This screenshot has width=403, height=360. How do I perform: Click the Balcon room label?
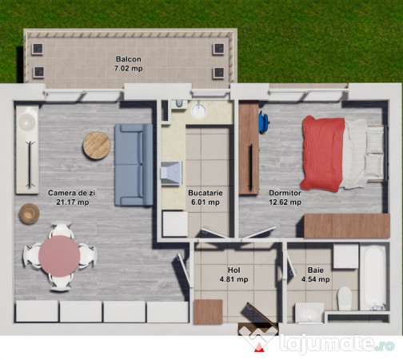tap(128, 60)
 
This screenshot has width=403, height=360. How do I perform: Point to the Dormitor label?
tap(285, 193)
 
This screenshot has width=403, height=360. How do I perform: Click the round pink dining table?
tap(59, 256)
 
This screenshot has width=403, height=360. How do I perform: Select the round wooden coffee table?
tap(97, 145)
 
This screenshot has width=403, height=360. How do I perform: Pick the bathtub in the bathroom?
tap(373, 277)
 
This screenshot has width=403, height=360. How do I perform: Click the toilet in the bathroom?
tap(345, 298)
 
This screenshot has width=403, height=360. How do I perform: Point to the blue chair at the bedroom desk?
tap(263, 122)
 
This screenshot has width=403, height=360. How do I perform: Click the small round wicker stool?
tap(30, 214)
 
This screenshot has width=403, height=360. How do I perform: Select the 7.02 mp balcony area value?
tap(128, 70)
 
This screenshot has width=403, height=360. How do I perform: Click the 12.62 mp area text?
tap(285, 202)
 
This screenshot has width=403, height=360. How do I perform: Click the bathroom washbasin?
tap(309, 312)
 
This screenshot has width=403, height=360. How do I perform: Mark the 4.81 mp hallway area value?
tap(234, 281)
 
